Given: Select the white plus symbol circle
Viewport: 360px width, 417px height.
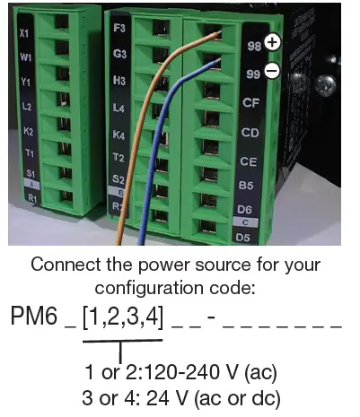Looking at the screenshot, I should tap(273, 42).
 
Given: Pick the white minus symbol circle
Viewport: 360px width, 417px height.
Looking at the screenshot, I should tap(272, 70).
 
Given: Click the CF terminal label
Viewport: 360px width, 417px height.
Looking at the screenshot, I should tap(251, 102).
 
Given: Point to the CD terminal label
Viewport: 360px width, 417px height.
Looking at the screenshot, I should tap(251, 132).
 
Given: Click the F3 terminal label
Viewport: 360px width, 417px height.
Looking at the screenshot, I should tap(119, 28).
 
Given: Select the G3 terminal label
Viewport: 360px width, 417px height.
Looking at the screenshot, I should tap(119, 54).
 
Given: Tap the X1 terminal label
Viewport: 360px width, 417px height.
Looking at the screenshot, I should tap(24, 33).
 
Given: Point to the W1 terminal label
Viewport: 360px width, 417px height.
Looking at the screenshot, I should tap(25, 60).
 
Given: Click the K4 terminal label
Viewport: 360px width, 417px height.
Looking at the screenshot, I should tap(119, 135).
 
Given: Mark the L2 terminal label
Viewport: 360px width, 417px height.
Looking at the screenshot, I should tap(27, 107).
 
